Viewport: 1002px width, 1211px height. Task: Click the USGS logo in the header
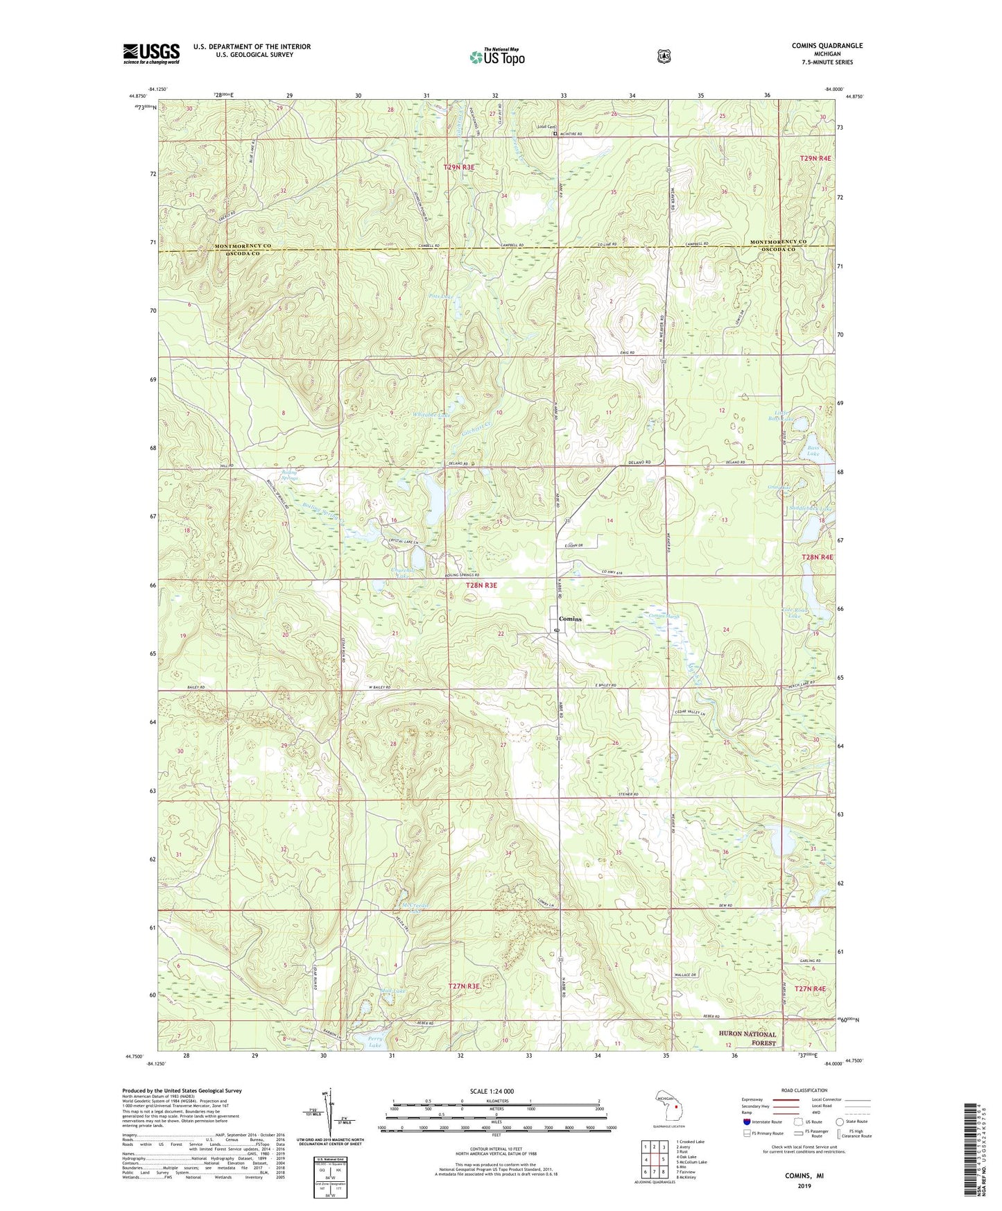pos(151,53)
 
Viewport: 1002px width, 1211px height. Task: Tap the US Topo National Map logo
pos(496,57)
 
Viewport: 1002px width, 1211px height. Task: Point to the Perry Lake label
pos(374,1042)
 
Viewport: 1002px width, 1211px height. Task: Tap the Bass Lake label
pos(813,451)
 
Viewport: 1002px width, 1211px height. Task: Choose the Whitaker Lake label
pos(432,415)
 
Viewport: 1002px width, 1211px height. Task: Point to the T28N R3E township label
pos(481,585)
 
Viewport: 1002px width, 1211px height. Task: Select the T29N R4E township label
pos(815,159)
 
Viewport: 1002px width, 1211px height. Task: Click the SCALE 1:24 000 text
pos(492,1091)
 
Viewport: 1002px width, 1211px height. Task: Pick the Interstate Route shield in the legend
pos(746,1121)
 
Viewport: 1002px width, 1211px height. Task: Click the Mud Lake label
pos(393,991)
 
